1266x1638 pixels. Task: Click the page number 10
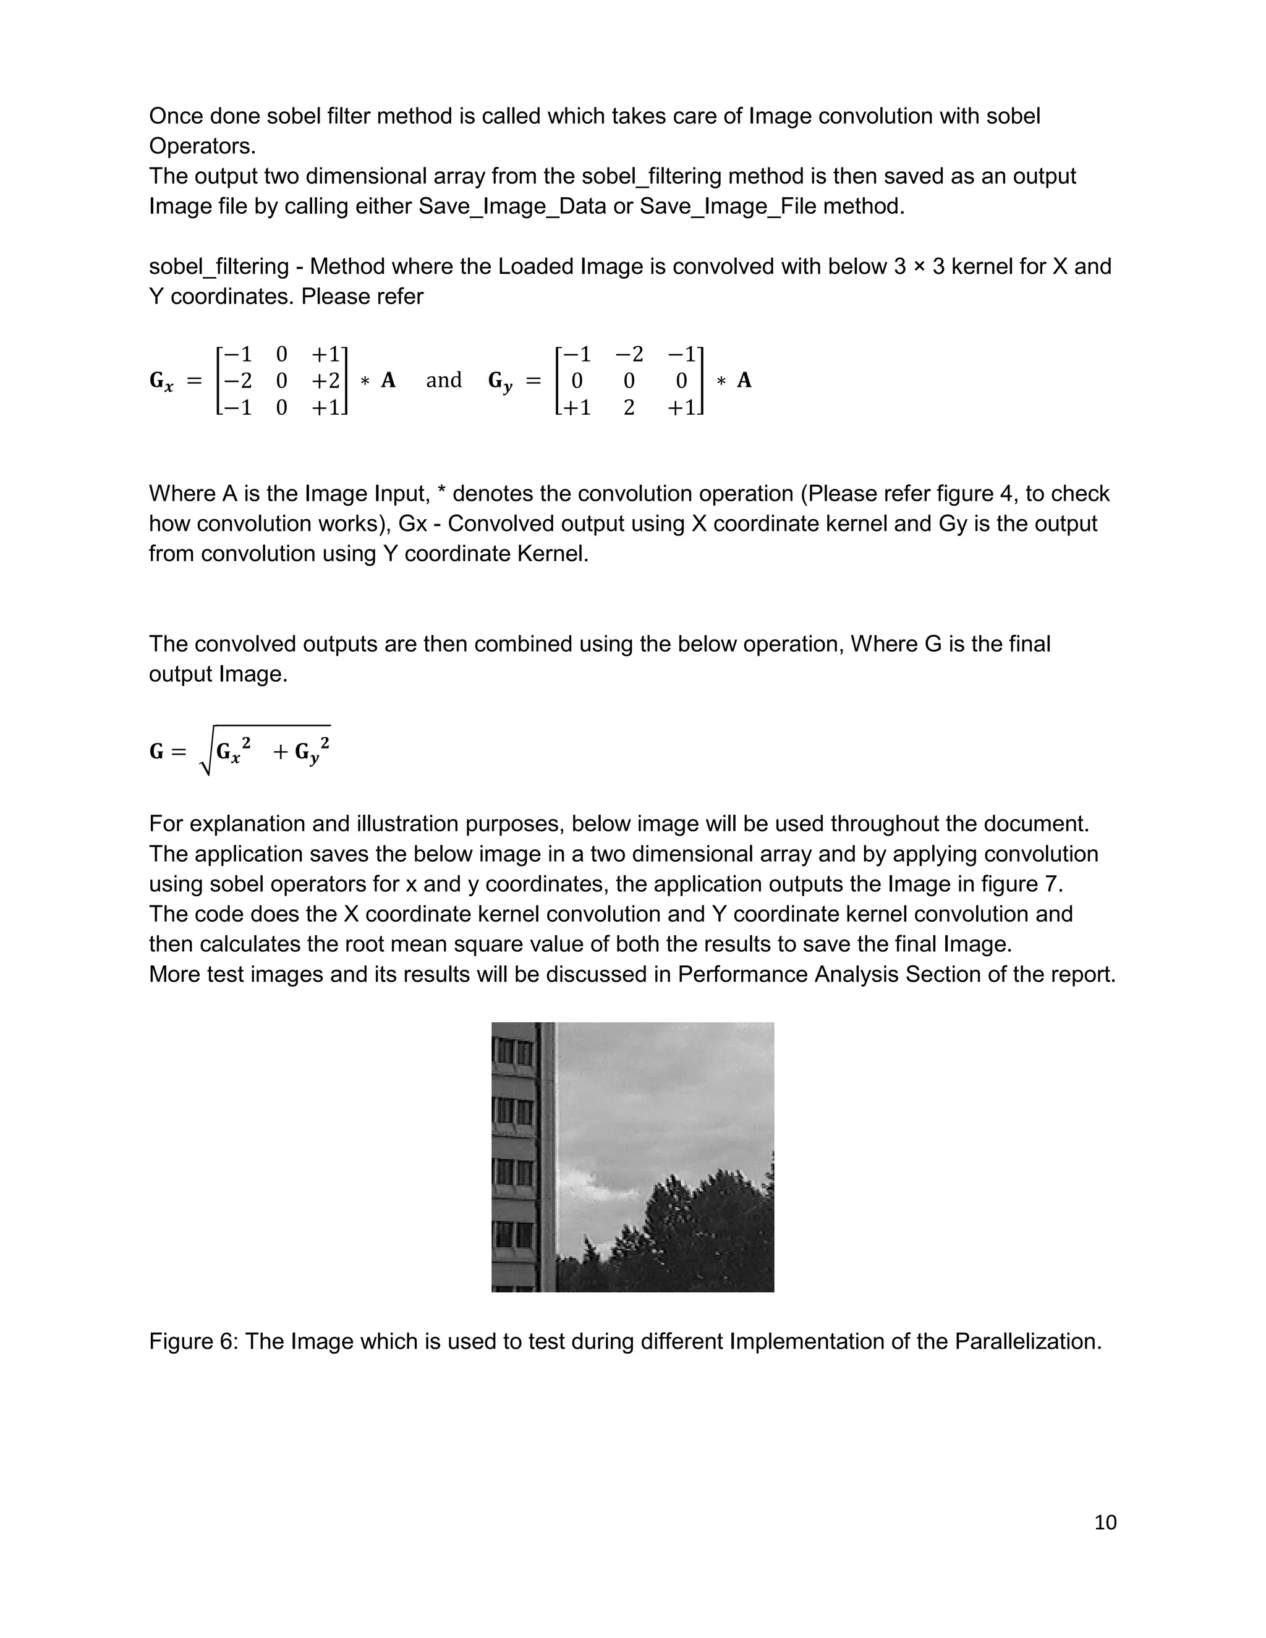1105,1522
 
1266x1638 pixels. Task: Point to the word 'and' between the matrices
443,380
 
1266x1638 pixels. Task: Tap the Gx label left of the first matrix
161,382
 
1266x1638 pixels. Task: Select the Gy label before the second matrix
500,382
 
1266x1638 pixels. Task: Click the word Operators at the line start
202,146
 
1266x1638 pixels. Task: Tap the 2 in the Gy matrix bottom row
629,408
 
